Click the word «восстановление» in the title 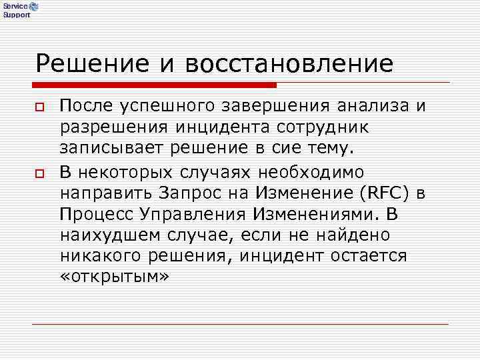(290, 63)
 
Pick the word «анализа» (372, 106)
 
